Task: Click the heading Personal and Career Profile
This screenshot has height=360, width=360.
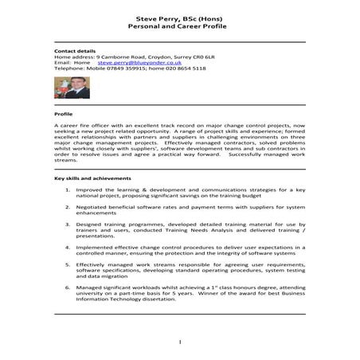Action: tap(179, 25)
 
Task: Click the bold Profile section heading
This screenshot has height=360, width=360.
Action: tap(63, 114)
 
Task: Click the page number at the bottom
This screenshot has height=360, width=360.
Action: tap(179, 342)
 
